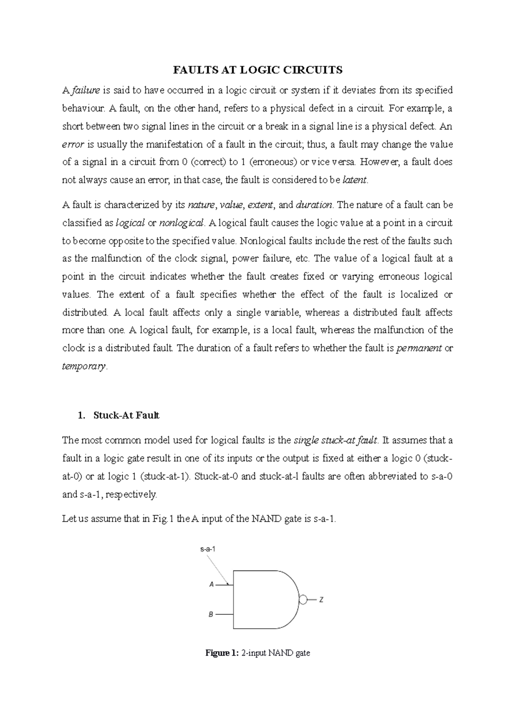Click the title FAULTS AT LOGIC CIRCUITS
pos(257,70)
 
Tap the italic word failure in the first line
pos(85,90)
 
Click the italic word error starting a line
pos(73,144)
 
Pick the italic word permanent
pos(419,349)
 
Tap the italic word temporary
pos(83,367)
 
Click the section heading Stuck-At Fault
pos(126,415)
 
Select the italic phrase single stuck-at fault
pos(335,440)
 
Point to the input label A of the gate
pos(211,584)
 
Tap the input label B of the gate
pos(211,614)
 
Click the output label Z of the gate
pos(321,600)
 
